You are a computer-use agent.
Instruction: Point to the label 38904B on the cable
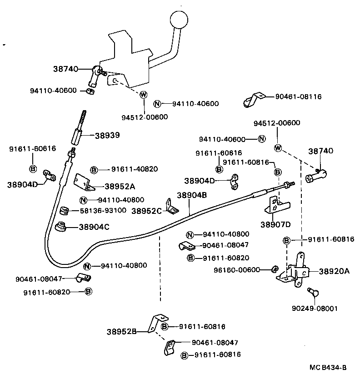click(x=192, y=195)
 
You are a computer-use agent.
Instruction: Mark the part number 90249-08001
click(x=315, y=308)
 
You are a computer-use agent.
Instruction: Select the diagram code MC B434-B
click(x=328, y=367)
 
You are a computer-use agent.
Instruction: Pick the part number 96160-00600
click(x=237, y=269)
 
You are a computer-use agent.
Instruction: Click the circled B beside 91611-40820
click(x=94, y=169)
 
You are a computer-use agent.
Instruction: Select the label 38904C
click(x=95, y=226)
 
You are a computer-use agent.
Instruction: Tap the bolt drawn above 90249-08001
click(x=312, y=291)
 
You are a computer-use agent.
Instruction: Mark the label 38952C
click(x=147, y=211)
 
